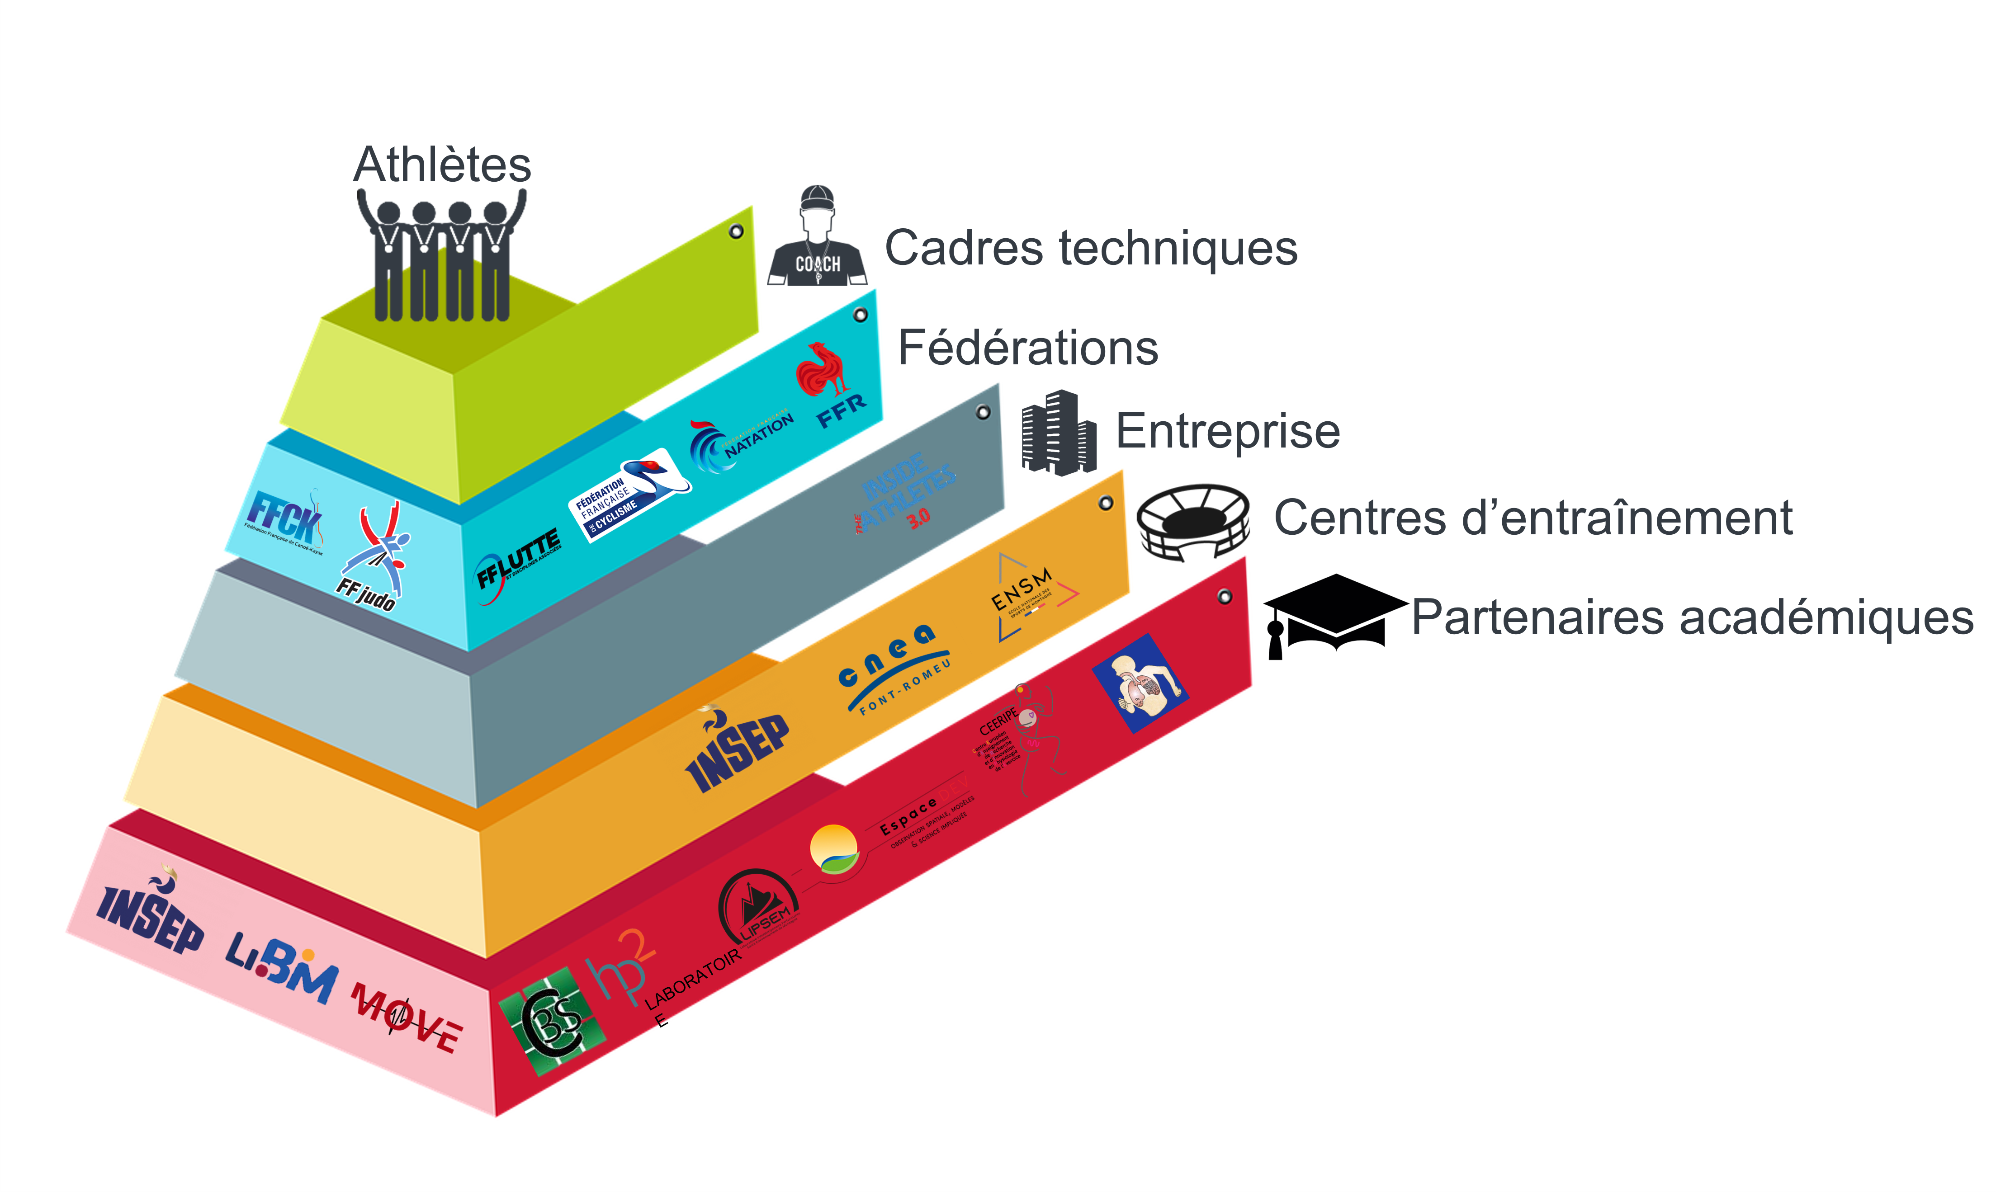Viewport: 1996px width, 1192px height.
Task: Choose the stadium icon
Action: [1192, 522]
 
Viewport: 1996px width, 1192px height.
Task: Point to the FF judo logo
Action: [376, 558]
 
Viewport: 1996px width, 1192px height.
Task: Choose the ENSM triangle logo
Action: [1030, 596]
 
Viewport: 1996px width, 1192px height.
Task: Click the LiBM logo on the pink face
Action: [281, 966]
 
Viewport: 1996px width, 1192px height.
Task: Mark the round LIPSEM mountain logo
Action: [758, 908]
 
